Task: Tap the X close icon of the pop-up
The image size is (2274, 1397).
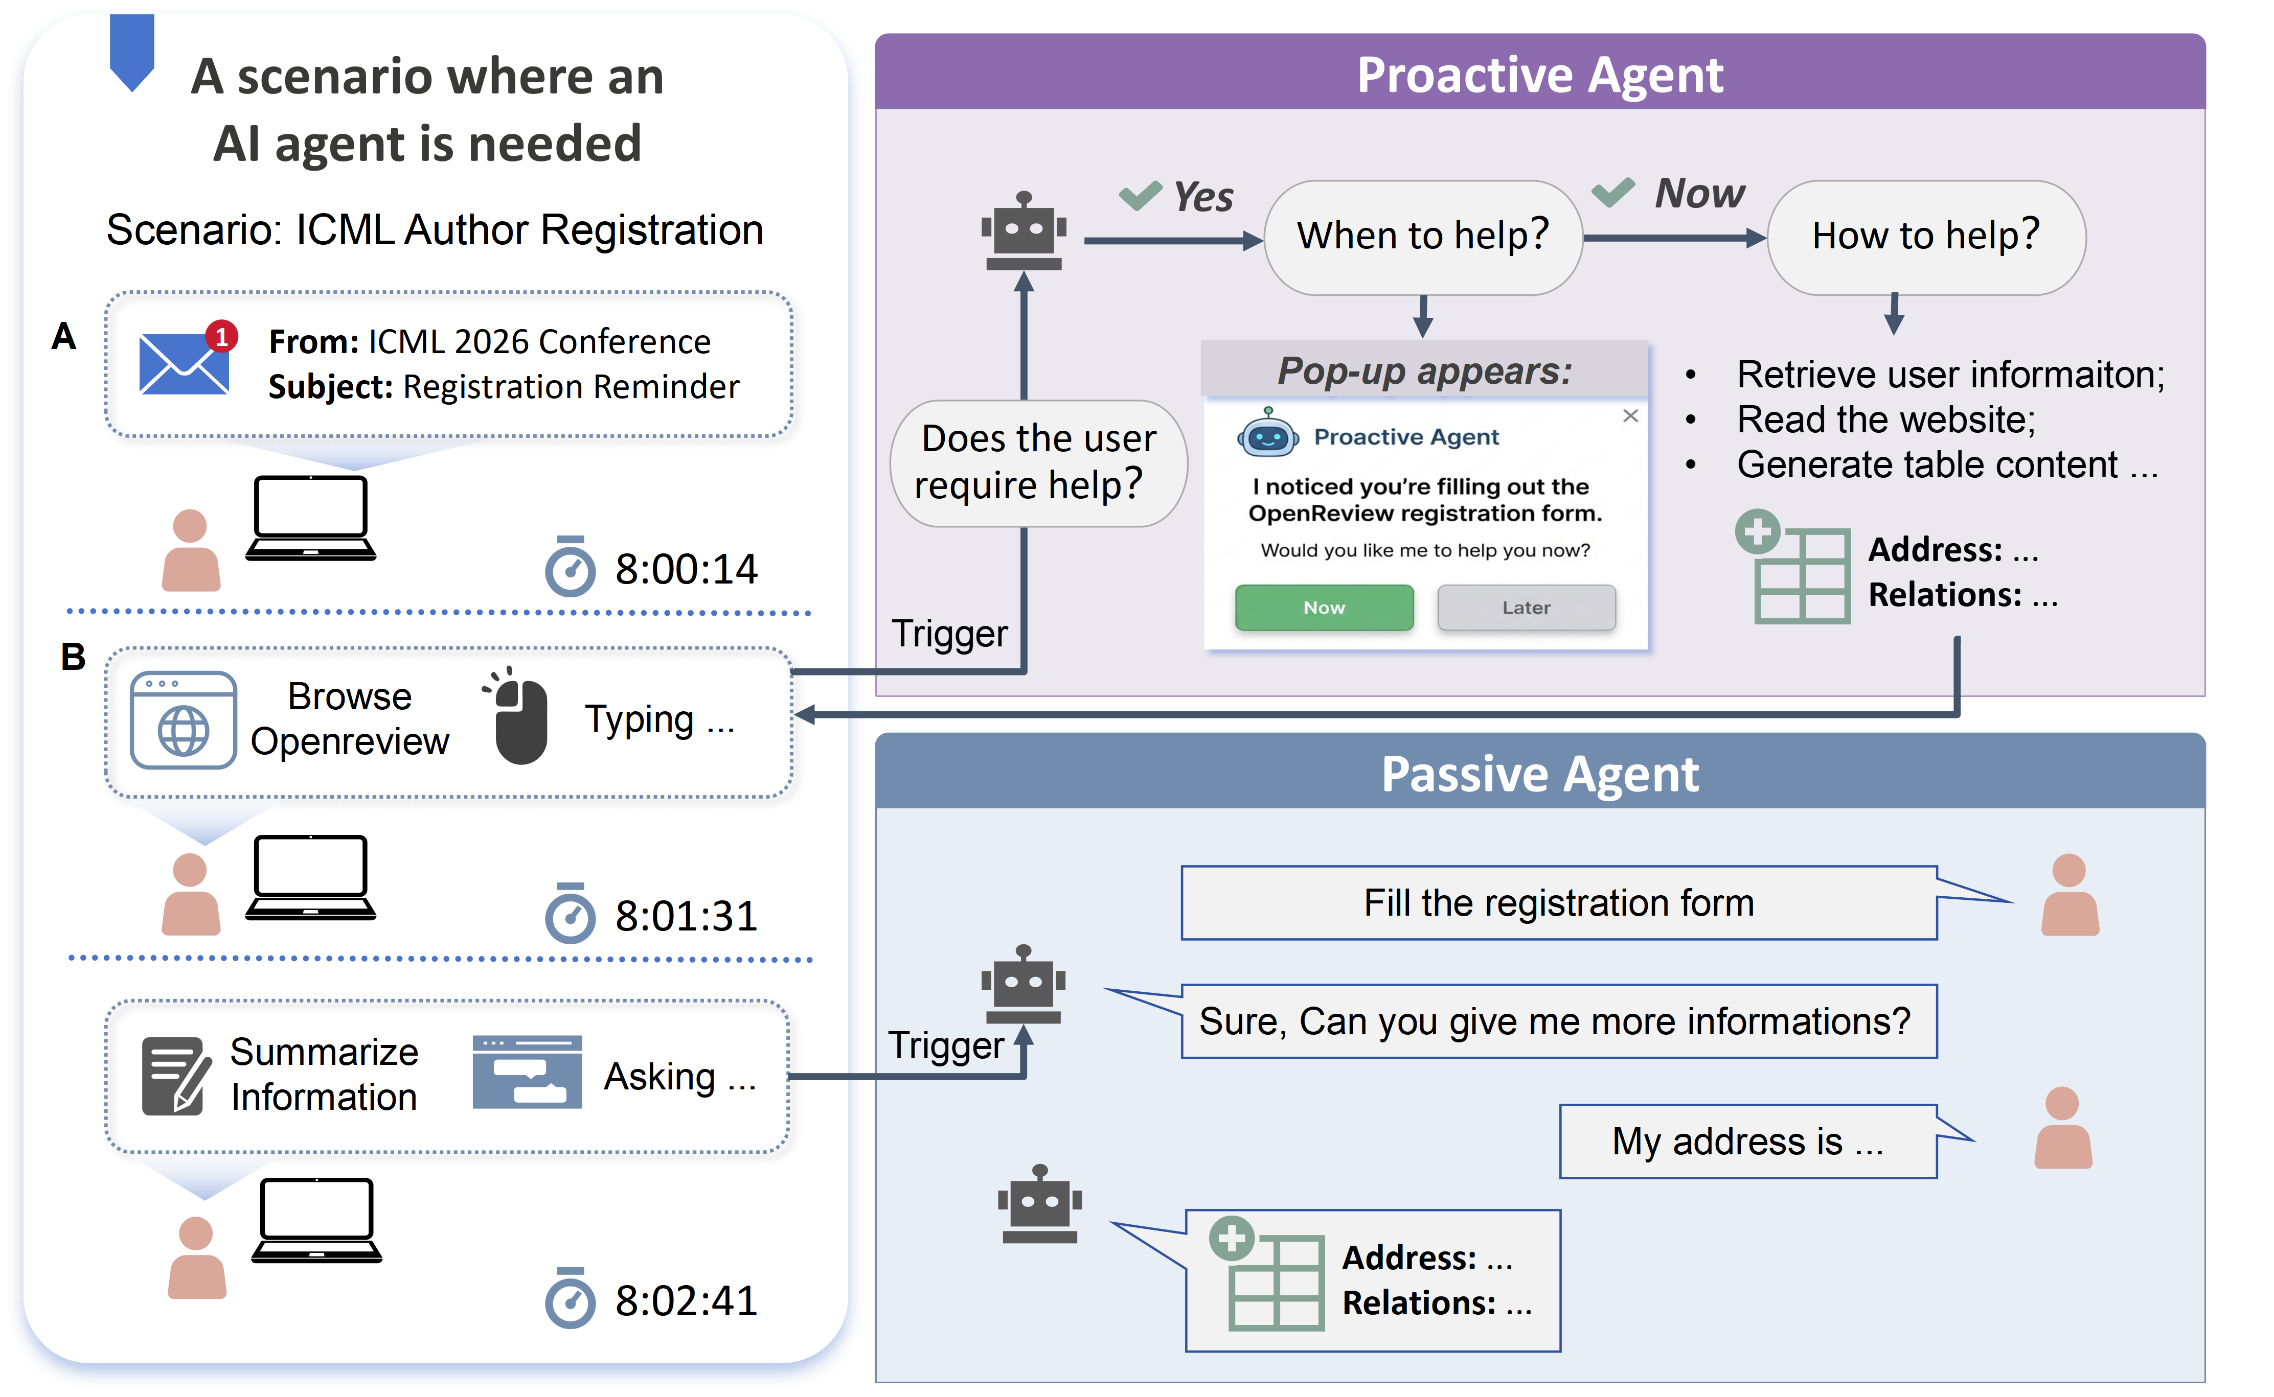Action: coord(1631,416)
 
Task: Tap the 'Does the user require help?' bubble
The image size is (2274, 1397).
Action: coord(1037,462)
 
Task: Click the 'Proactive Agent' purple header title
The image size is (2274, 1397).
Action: coord(1540,74)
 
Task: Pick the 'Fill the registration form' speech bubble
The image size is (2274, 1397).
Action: coord(1559,903)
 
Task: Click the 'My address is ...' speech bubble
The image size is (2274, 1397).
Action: coord(1747,1142)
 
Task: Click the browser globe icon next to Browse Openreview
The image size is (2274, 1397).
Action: coord(183,720)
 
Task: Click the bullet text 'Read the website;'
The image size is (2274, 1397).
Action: coord(1886,420)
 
